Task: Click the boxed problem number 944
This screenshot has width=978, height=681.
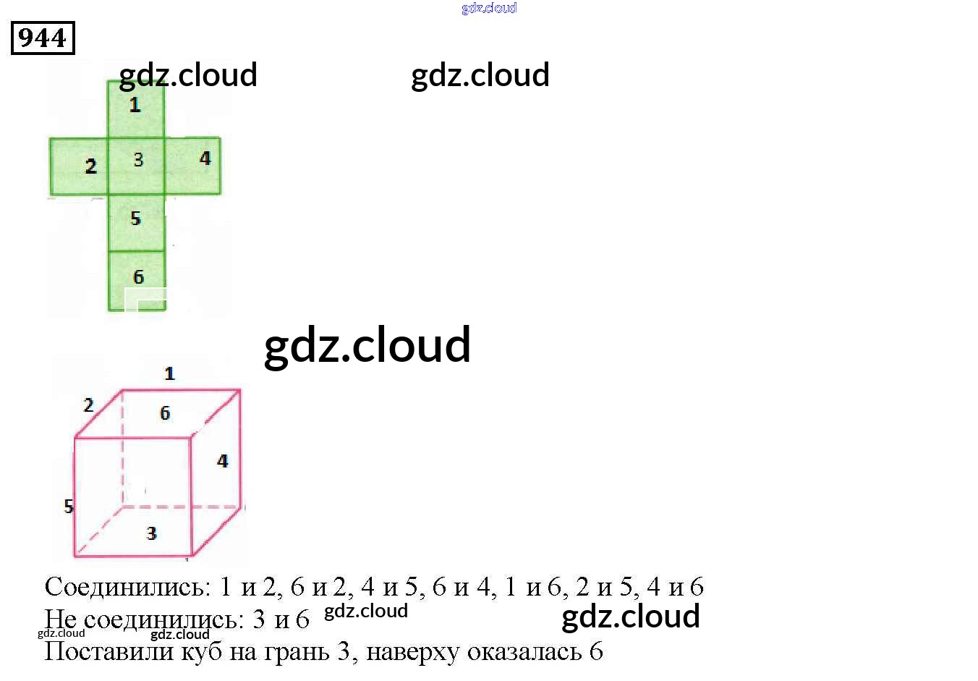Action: pyautogui.click(x=43, y=38)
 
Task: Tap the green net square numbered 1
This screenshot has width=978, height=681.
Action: pyautogui.click(x=136, y=109)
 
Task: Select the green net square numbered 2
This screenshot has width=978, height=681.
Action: pyautogui.click(x=79, y=166)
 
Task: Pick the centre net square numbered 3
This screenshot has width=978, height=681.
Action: pyautogui.click(x=137, y=166)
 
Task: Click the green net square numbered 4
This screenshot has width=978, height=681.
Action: pyautogui.click(x=193, y=166)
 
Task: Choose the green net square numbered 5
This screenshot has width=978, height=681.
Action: pyautogui.click(x=137, y=223)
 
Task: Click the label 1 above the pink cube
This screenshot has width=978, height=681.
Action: pyautogui.click(x=169, y=374)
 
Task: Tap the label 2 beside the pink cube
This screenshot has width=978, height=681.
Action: pyautogui.click(x=88, y=405)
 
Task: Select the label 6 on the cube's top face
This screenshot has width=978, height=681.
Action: pyautogui.click(x=165, y=413)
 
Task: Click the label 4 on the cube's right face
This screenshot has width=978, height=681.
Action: pyautogui.click(x=222, y=461)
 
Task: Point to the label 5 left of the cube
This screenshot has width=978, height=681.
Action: pyautogui.click(x=69, y=507)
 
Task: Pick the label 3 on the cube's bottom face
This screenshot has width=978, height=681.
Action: pyautogui.click(x=151, y=534)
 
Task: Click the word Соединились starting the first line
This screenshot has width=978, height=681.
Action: pyautogui.click(x=127, y=587)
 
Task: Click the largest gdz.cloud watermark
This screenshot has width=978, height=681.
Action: pyautogui.click(x=367, y=345)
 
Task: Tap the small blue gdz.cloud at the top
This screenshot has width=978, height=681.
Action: pyautogui.click(x=489, y=9)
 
